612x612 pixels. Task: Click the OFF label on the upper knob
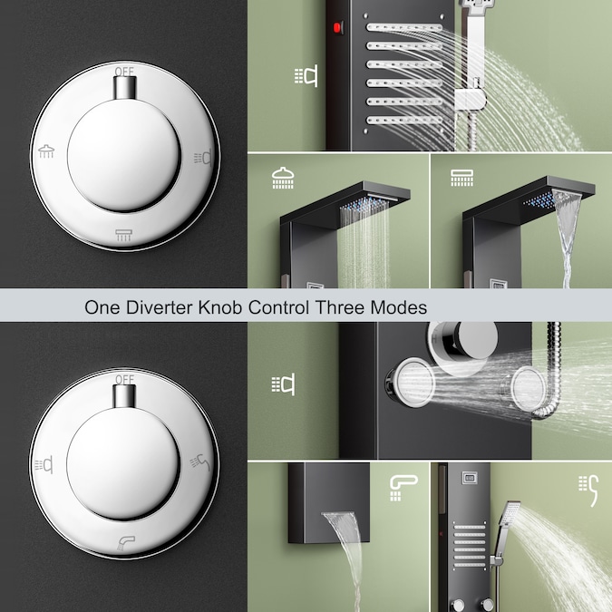coord(124,72)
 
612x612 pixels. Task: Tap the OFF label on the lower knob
coord(124,379)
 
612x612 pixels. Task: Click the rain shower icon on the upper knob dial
coord(46,151)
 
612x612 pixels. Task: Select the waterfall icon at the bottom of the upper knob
coord(123,235)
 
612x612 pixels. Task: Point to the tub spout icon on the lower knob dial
coord(126,543)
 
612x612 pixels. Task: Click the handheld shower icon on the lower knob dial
coord(200,462)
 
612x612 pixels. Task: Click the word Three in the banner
coord(340,307)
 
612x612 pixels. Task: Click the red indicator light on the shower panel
coord(337,28)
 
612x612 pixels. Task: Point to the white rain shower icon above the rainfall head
coord(283,178)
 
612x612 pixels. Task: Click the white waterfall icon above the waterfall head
coord(461,178)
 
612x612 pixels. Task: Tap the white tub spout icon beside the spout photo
coord(403,488)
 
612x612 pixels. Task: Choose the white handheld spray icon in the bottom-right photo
coord(588,491)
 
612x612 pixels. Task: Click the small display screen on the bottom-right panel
coord(470,478)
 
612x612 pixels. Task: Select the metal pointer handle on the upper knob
coord(125,88)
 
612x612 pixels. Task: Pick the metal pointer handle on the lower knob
coord(124,396)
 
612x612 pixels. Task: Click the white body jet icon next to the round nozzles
coord(284,384)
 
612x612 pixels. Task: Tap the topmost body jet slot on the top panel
coord(404,28)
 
